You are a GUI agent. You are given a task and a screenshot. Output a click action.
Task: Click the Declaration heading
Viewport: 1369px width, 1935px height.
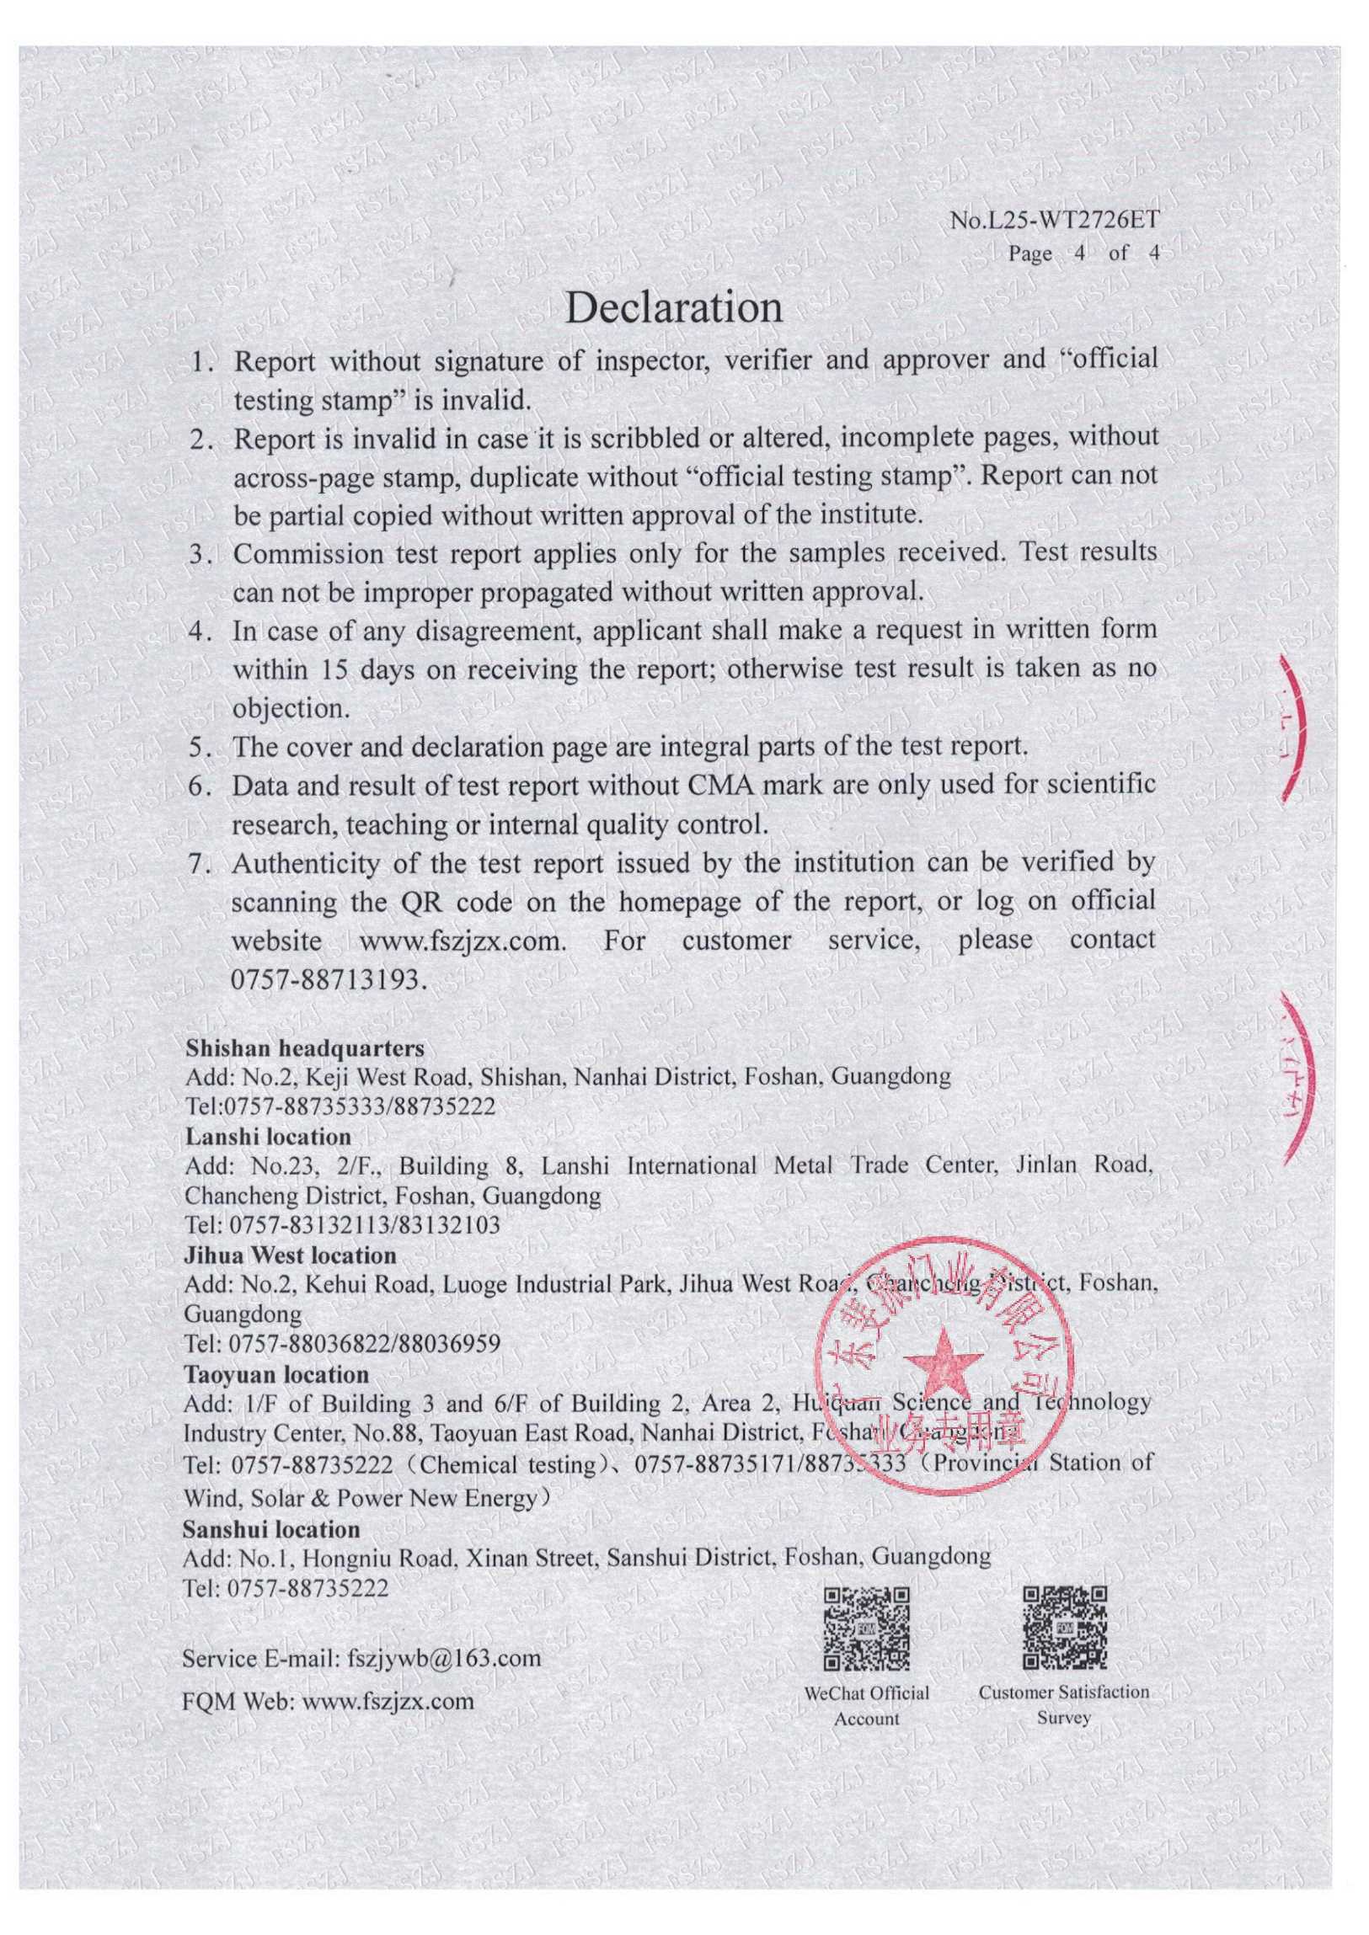coord(673,307)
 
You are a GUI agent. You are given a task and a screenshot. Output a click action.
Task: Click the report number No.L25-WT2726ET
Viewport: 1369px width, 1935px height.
coord(1055,221)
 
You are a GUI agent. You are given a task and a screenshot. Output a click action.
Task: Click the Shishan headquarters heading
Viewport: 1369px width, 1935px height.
coord(304,1048)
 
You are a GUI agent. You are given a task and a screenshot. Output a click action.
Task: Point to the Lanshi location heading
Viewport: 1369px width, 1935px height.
coord(267,1137)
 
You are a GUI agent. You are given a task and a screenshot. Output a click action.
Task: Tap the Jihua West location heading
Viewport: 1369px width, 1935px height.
coord(290,1255)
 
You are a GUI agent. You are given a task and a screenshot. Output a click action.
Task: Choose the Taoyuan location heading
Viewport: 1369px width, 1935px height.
coord(276,1374)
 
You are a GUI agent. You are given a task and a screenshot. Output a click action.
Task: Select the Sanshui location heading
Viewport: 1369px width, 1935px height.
coord(271,1529)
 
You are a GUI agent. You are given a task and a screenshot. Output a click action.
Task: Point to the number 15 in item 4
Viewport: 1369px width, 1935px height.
coord(335,670)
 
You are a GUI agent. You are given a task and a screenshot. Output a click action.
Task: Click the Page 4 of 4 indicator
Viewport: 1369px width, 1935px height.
coord(1084,253)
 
